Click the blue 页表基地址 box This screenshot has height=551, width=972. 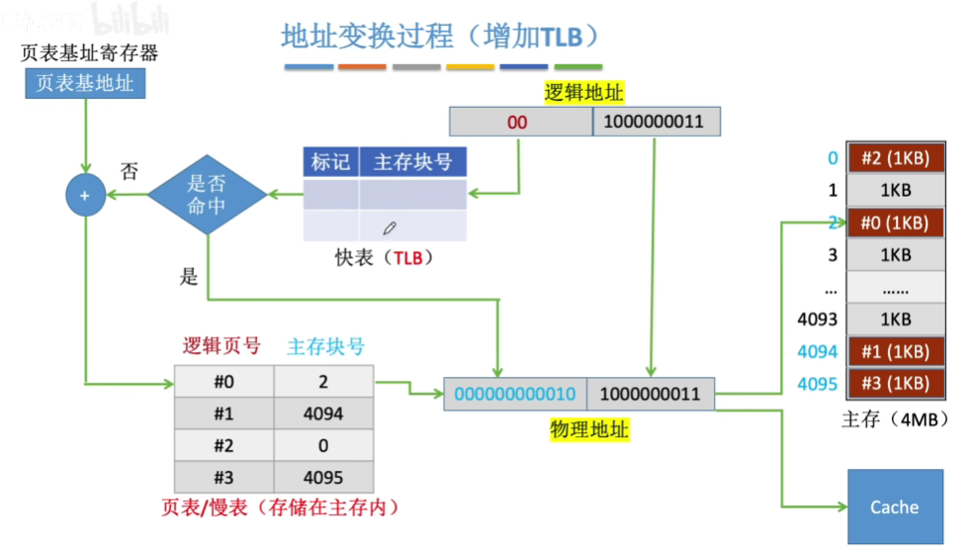click(x=85, y=83)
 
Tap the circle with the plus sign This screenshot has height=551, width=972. click(x=85, y=195)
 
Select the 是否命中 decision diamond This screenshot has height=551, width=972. click(x=208, y=195)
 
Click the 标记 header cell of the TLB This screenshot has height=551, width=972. click(x=330, y=162)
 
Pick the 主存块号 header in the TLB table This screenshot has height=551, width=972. click(x=412, y=162)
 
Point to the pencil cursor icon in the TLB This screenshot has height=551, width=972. click(x=390, y=228)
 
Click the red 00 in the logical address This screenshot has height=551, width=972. click(x=517, y=123)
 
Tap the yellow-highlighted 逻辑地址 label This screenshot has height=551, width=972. click(x=584, y=93)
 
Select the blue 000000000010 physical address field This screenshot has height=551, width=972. click(x=515, y=394)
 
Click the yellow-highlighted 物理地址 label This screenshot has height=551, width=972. click(x=589, y=430)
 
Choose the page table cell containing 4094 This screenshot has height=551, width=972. click(x=323, y=413)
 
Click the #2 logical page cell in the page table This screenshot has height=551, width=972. click(x=224, y=445)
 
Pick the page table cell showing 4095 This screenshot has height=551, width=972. click(x=323, y=477)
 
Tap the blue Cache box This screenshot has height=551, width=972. click(x=895, y=506)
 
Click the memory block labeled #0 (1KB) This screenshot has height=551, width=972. click(x=895, y=223)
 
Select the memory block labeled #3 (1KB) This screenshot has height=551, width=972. click(x=895, y=383)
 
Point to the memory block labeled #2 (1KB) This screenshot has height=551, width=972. click(x=895, y=158)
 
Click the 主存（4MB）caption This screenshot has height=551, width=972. click(x=895, y=419)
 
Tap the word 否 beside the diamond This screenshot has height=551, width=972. click(x=129, y=170)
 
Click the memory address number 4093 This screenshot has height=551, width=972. click(x=817, y=319)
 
